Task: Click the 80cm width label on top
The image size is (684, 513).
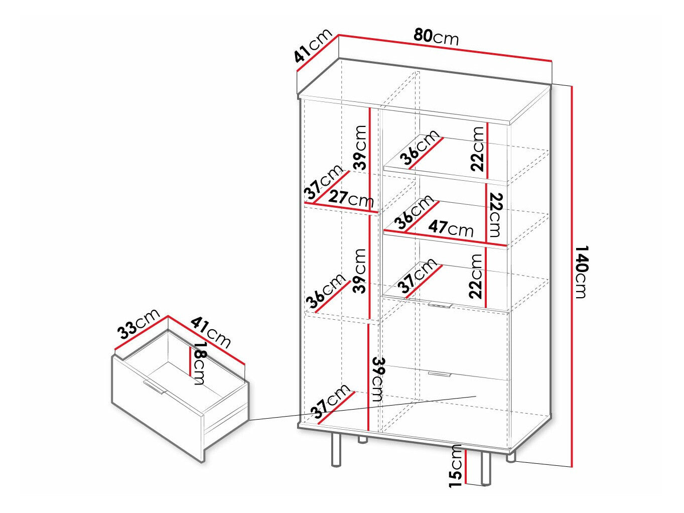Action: point(436,37)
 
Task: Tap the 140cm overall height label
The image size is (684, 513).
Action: point(581,272)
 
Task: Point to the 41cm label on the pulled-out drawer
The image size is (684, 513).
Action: point(211,333)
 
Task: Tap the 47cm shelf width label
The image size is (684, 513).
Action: point(450,228)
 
